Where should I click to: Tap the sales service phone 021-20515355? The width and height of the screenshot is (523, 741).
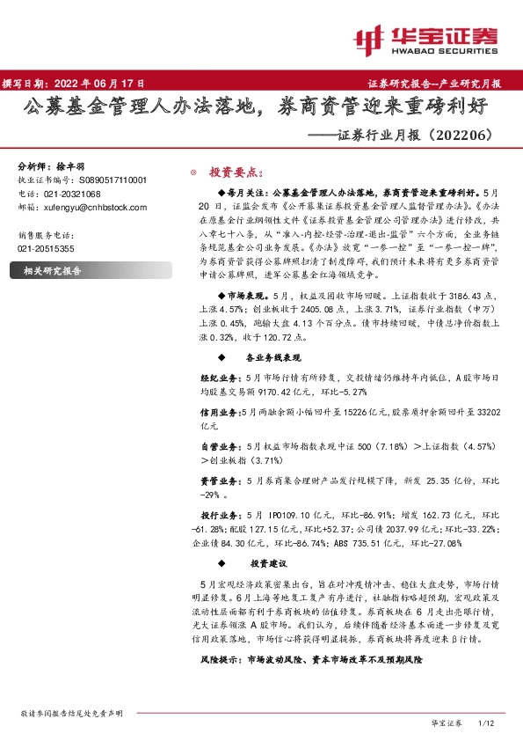point(47,249)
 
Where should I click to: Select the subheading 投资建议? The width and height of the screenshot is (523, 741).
point(269,562)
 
